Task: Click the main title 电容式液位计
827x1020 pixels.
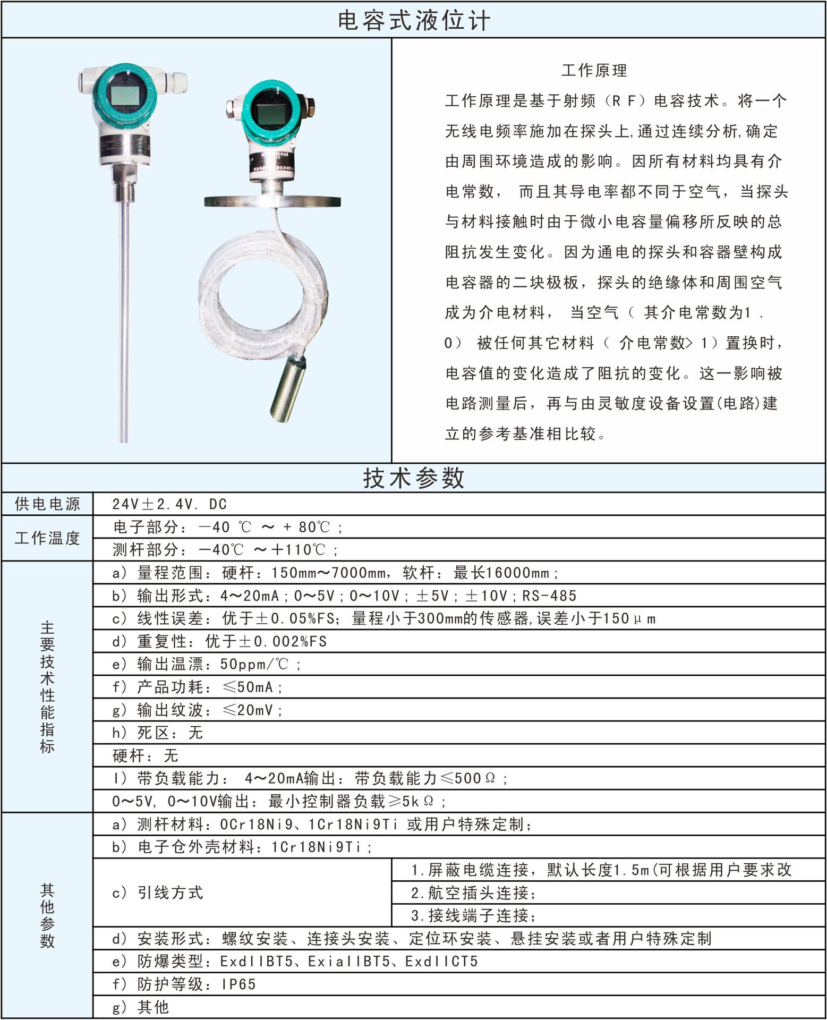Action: point(413,21)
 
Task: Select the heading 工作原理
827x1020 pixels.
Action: point(594,71)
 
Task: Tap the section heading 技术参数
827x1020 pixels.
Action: point(413,478)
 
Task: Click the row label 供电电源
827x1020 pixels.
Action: point(47,504)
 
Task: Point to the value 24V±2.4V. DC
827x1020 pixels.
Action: point(169,504)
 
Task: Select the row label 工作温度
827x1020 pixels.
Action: point(47,538)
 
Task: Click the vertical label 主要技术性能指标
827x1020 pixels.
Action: point(47,686)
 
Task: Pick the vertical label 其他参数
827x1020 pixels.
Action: point(47,915)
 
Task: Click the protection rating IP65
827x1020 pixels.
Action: point(239,984)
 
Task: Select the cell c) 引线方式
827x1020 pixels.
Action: point(158,892)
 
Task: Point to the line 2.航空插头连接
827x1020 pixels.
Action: point(473,893)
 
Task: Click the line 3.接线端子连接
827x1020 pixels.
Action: point(473,916)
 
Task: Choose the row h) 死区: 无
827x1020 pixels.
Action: point(158,733)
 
